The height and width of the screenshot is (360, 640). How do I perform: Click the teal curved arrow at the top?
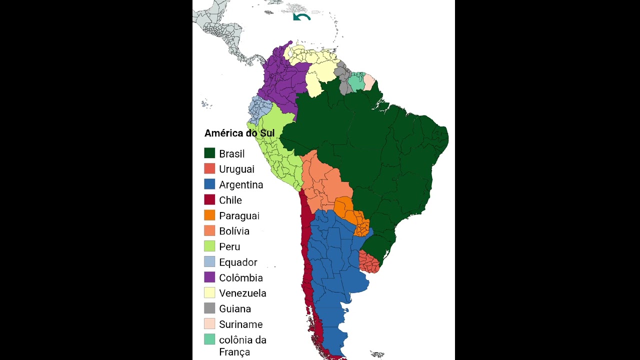point(301,17)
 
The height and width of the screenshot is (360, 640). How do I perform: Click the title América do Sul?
point(239,133)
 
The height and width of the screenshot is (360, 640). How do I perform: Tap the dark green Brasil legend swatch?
point(209,153)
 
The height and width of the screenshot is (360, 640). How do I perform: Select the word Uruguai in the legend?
point(236,169)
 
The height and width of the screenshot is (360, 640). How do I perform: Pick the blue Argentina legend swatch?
point(209,184)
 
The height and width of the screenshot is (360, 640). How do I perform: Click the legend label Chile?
point(230,200)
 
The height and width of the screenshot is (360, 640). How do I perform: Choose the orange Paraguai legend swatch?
point(209,215)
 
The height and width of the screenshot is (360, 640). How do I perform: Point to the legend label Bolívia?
point(234,231)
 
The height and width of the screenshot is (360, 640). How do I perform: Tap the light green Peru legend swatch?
point(209,246)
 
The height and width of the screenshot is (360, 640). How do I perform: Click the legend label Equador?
point(238,262)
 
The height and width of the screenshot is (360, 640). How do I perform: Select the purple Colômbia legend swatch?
point(209,277)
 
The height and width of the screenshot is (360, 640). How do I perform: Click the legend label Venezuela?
point(242,293)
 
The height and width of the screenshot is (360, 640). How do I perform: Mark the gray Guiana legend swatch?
point(209,308)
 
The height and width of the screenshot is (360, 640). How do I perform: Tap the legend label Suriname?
point(240,324)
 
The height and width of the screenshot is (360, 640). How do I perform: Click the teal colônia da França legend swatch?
point(209,339)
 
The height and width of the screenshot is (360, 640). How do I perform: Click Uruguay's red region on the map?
point(369,262)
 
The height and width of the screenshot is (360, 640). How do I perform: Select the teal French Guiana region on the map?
point(356,82)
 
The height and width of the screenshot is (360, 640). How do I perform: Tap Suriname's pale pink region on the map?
point(368,81)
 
